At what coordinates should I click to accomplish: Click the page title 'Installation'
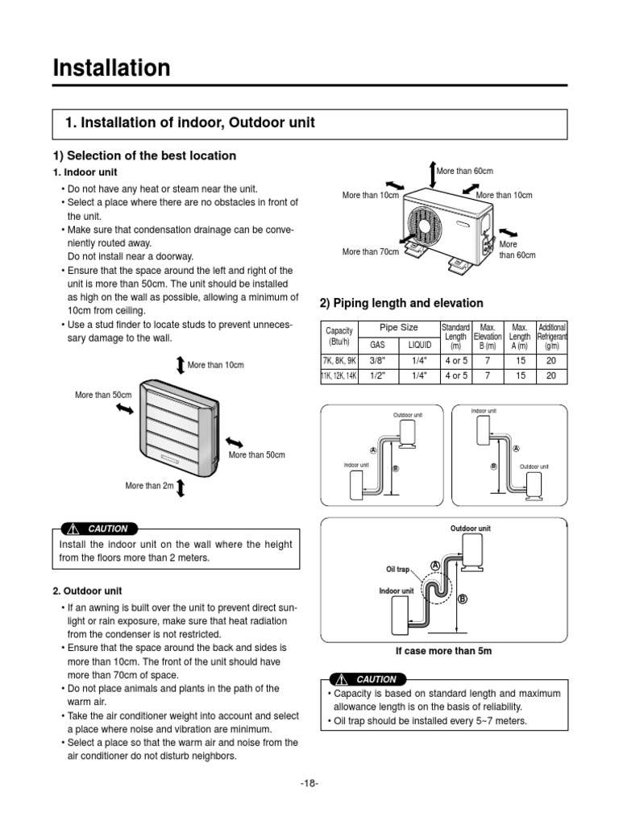coord(111,68)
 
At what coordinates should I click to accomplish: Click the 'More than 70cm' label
coord(370,252)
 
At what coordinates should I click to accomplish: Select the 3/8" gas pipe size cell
coord(378,361)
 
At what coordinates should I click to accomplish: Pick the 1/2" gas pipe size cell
coord(378,375)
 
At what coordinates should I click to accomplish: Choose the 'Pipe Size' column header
coord(399,328)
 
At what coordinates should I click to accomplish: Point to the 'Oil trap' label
coord(399,569)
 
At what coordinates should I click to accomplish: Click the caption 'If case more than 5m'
coord(442,650)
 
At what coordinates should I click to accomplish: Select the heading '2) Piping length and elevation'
coord(401,303)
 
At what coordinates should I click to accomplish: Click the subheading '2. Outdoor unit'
coord(86,591)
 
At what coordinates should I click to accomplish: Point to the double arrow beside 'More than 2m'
coord(180,487)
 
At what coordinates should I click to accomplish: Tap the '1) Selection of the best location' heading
coord(144,155)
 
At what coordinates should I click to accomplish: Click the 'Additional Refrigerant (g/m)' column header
coord(552,336)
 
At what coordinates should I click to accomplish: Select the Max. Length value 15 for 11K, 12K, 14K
coord(520,375)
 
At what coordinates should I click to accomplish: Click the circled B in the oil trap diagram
coord(463,599)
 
